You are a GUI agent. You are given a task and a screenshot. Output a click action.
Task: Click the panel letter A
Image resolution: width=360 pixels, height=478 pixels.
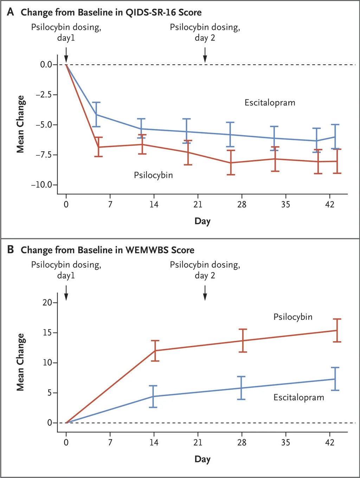click(11, 12)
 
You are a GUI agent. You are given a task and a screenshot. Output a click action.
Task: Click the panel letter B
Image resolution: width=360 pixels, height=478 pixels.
click(11, 250)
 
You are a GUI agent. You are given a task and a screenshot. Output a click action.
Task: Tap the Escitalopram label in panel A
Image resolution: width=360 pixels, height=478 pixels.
click(270, 103)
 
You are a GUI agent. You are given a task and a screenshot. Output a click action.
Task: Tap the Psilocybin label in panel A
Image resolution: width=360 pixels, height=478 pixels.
click(153, 175)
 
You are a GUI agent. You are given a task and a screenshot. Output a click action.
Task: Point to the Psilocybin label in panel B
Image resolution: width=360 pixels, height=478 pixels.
click(292, 317)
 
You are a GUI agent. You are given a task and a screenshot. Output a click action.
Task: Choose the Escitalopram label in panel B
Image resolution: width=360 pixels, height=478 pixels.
click(298, 398)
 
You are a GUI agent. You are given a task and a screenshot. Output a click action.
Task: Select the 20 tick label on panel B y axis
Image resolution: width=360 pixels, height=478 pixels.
click(47, 303)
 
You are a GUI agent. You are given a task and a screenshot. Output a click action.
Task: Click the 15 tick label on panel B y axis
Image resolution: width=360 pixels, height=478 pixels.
click(47, 332)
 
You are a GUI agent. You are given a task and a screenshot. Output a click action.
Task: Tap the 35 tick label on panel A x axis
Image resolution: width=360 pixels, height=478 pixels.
click(285, 205)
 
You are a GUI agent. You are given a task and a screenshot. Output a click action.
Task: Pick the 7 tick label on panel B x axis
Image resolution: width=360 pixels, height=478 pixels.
click(110, 443)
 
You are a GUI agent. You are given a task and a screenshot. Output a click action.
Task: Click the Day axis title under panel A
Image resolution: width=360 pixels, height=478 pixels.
click(202, 221)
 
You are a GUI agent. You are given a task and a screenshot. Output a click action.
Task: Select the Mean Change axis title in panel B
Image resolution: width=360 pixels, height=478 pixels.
click(20, 362)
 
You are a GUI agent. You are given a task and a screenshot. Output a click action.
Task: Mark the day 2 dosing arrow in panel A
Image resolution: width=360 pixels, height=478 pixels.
click(205, 55)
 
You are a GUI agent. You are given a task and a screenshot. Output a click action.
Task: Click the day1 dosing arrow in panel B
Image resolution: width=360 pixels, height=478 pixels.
click(66, 293)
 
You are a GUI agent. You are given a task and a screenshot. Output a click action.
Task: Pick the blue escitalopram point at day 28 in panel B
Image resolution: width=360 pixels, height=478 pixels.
click(241, 388)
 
